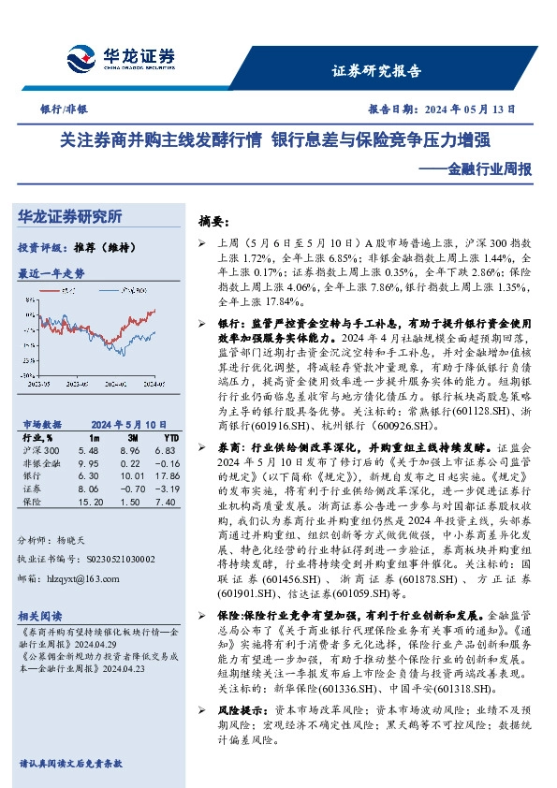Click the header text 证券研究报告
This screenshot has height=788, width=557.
coord(376,70)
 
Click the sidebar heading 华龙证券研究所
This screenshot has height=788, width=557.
coord(70,216)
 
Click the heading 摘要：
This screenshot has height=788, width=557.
coord(213,222)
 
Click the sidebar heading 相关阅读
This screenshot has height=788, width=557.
coord(40,615)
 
